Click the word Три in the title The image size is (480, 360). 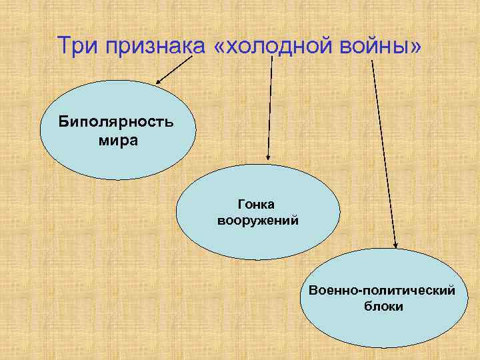click(x=75, y=47)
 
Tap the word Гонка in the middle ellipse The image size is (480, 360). click(x=257, y=202)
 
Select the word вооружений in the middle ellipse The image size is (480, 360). click(x=257, y=219)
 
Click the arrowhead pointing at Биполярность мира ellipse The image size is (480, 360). click(x=159, y=82)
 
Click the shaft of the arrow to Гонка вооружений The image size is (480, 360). click(x=270, y=107)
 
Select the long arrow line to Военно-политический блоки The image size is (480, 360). click(x=384, y=153)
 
